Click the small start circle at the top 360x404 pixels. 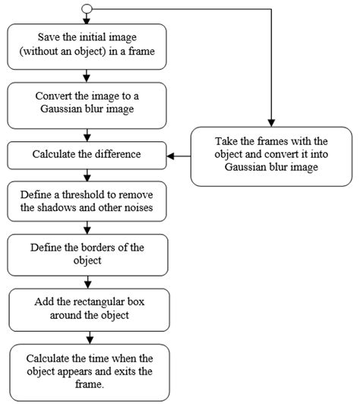click(x=87, y=9)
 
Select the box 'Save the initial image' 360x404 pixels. click(x=88, y=45)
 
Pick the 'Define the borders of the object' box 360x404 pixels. click(x=88, y=254)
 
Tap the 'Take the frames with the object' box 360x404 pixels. click(x=271, y=156)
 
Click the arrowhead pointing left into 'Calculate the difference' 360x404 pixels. click(x=172, y=156)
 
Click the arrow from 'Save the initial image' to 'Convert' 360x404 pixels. click(x=88, y=74)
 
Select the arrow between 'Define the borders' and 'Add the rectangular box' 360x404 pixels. click(x=88, y=281)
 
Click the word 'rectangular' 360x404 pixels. click(x=93, y=301)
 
